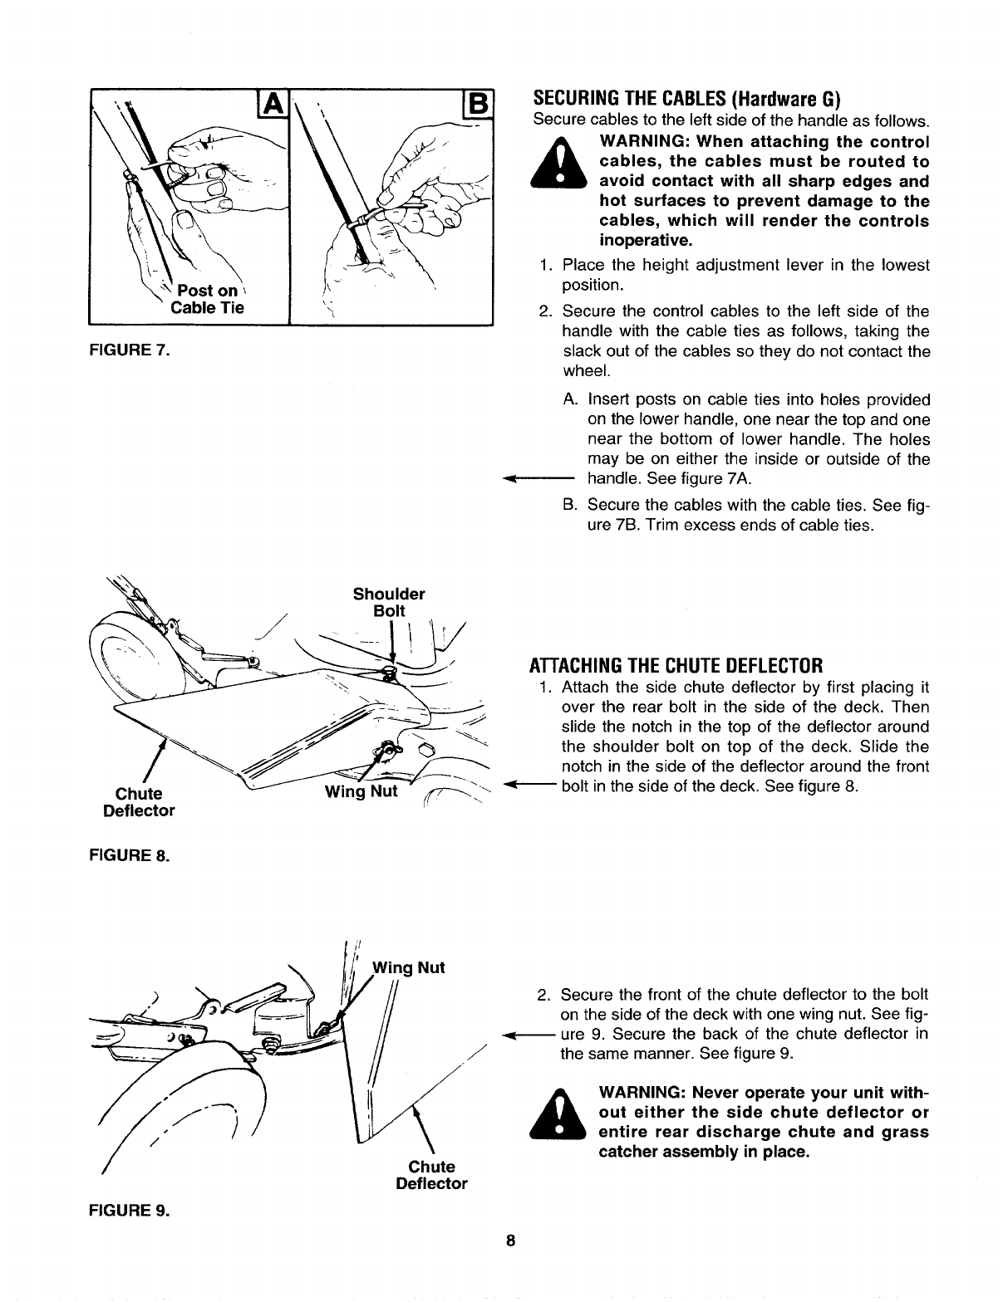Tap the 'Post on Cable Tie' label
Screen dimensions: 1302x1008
click(x=206, y=300)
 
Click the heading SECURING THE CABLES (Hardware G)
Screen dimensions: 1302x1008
click(x=686, y=100)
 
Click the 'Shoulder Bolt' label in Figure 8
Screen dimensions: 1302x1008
click(x=388, y=602)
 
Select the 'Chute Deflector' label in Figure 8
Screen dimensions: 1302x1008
click(x=139, y=801)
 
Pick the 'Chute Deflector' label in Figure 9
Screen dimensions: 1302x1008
click(x=431, y=1175)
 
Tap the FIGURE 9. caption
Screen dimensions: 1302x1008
click(x=129, y=1210)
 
